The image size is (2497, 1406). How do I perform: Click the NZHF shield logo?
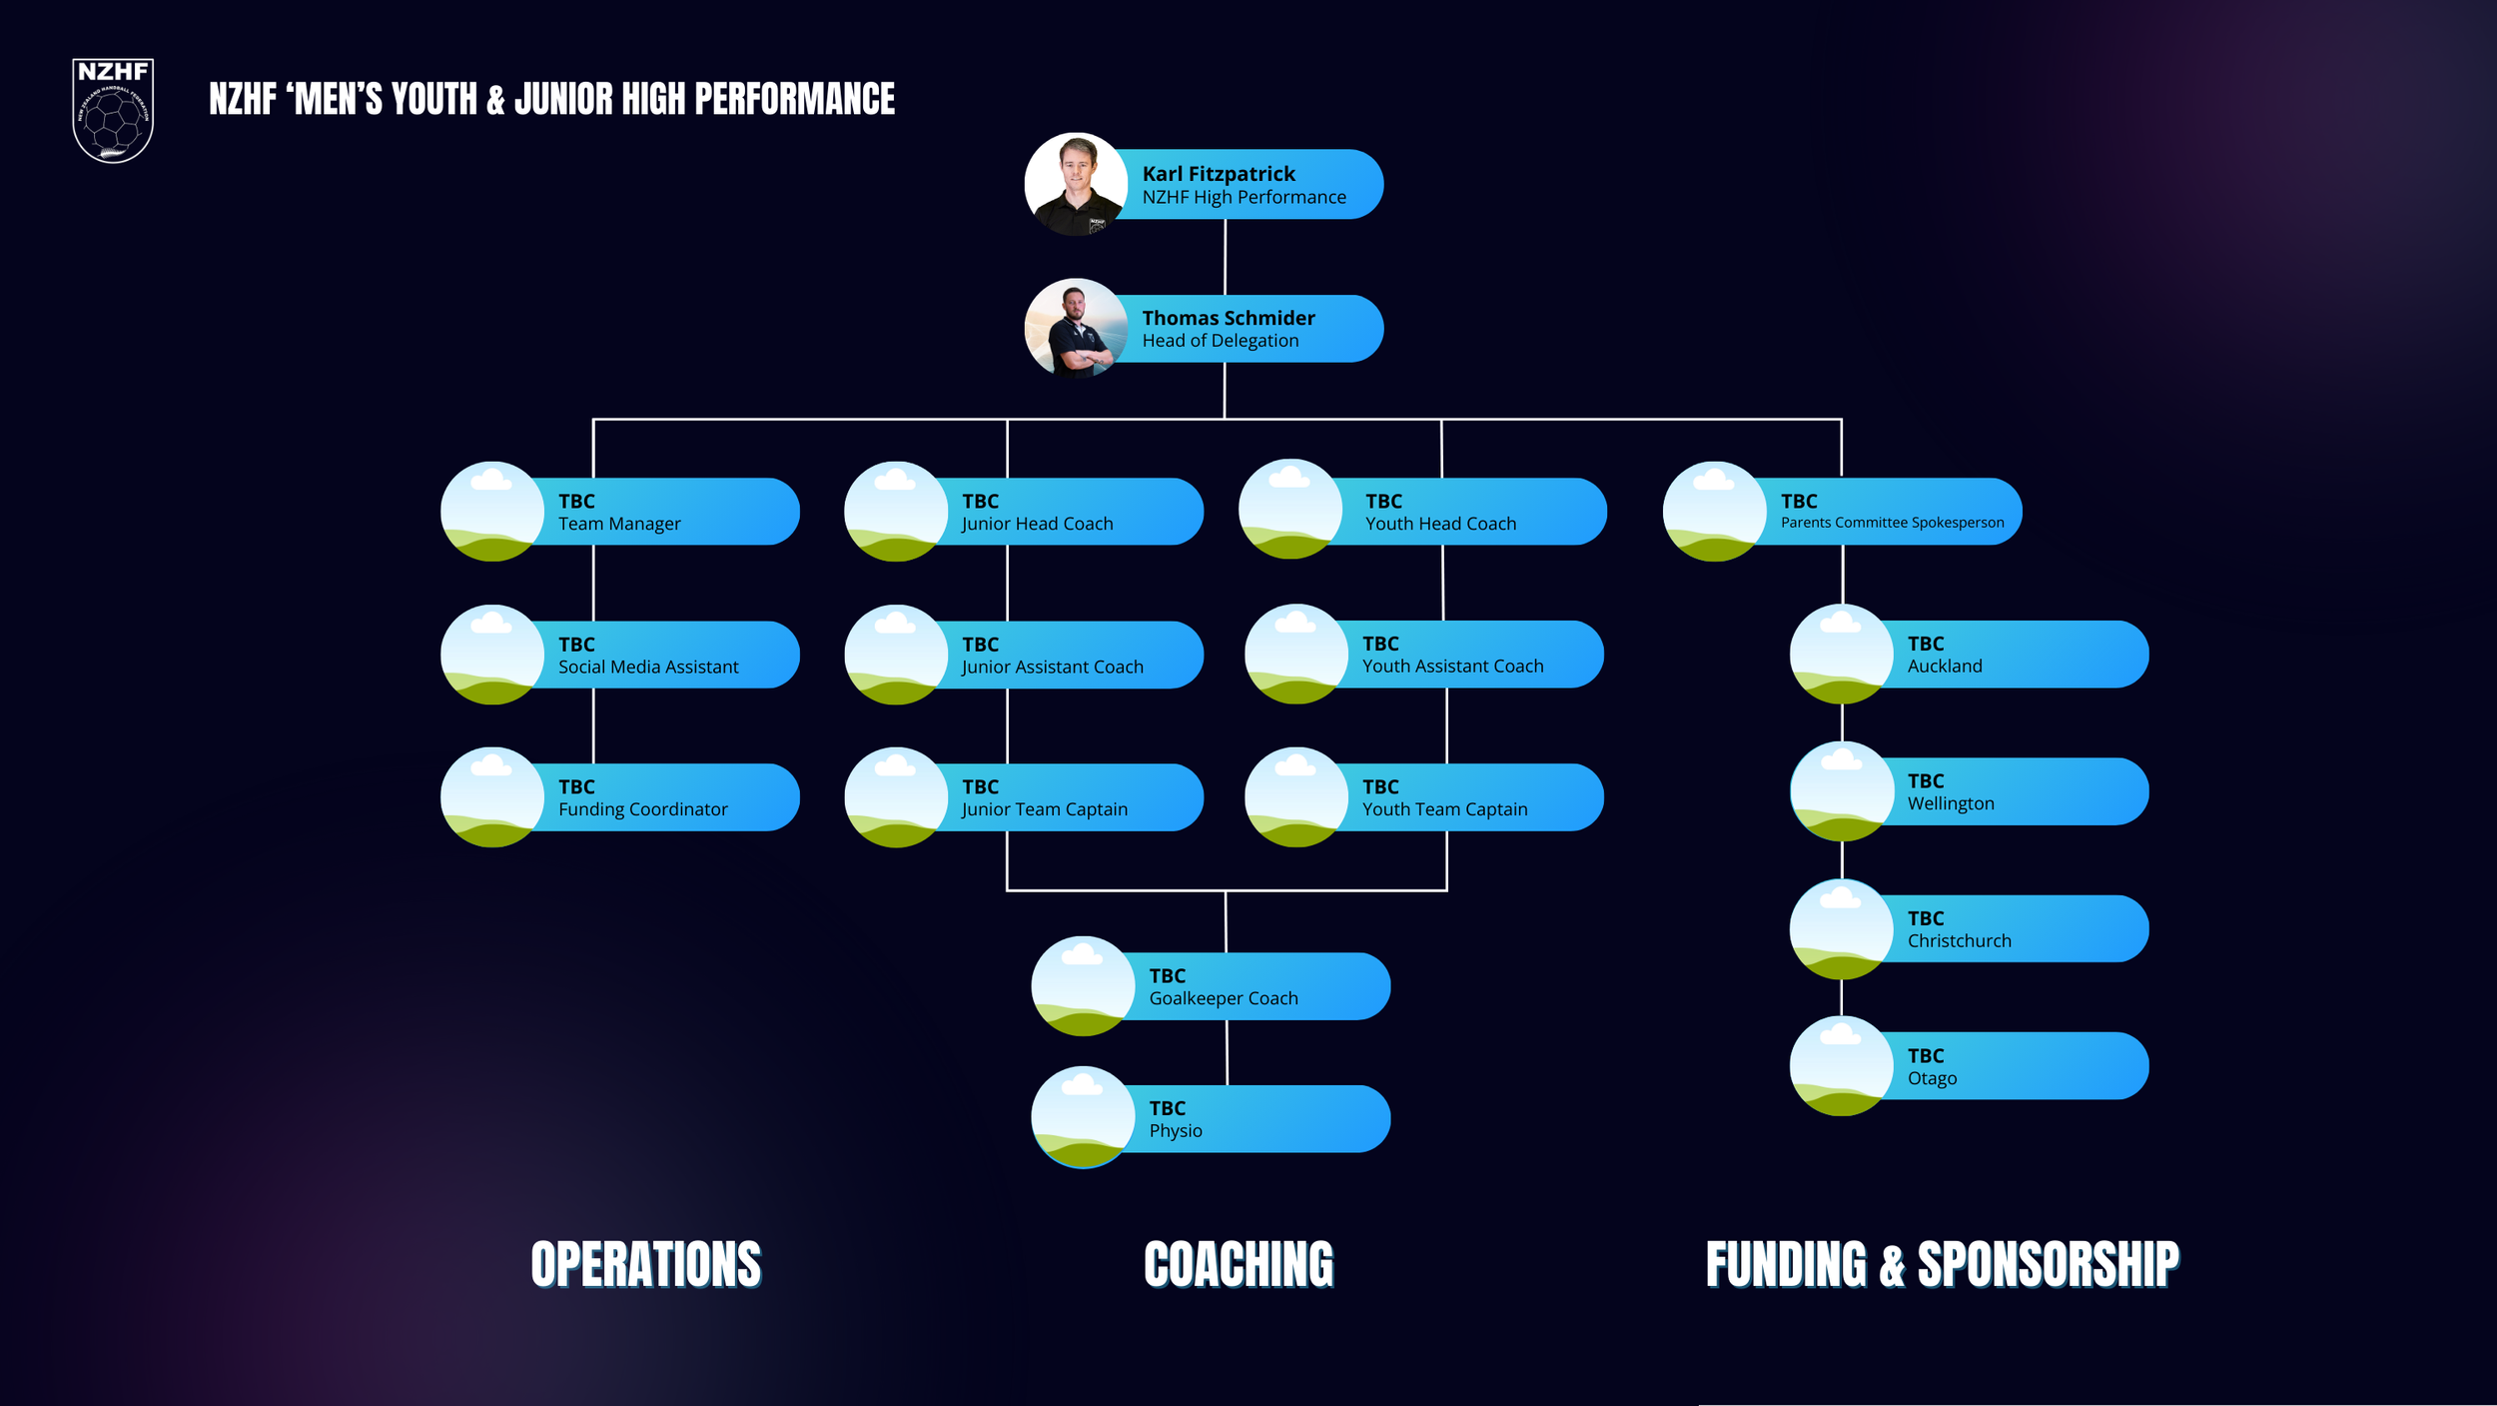click(113, 110)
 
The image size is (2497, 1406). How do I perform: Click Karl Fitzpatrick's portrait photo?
click(1076, 184)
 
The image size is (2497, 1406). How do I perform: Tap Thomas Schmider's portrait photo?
click(1076, 329)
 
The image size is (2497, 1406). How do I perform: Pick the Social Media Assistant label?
click(648, 667)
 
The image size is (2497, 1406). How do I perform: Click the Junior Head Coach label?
click(1037, 524)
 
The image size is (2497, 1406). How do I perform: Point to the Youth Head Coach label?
click(1440, 524)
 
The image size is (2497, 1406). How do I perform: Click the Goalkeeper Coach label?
click(1224, 998)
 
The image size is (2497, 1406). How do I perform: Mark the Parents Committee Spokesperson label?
click(1892, 523)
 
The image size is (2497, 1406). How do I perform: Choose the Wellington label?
click(1951, 803)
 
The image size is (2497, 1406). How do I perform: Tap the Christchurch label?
click(1959, 941)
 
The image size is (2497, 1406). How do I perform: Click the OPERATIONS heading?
click(646, 1264)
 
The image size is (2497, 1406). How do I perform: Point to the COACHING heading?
click(1239, 1264)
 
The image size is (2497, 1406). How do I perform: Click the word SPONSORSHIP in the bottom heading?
click(2048, 1264)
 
